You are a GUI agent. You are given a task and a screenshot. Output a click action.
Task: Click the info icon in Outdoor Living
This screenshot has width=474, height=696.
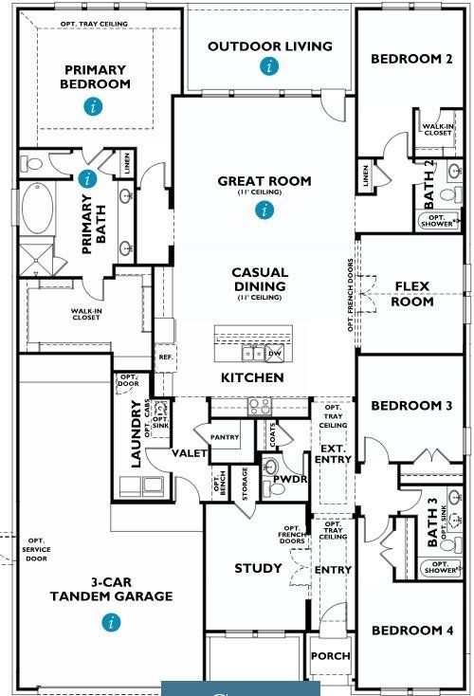coord(270,66)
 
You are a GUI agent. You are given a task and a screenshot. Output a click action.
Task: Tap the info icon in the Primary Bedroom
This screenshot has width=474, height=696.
coord(92,106)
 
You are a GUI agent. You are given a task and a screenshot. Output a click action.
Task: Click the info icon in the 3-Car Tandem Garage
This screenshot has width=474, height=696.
coord(112,622)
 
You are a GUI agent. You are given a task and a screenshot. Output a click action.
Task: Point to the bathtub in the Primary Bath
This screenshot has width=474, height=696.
coord(38,210)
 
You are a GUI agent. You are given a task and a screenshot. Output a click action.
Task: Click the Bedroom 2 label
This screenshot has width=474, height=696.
coord(411,59)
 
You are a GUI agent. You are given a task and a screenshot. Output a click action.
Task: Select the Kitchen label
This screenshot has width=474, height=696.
coord(252,377)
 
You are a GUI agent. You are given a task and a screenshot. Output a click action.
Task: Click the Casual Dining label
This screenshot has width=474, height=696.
coord(259,280)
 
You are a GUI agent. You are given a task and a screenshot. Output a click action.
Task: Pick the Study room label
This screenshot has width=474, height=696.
coord(258,568)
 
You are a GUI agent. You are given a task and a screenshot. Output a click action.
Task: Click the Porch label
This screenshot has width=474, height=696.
coord(331,656)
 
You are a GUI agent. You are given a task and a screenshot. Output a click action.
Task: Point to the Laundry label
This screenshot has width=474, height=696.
coord(136,433)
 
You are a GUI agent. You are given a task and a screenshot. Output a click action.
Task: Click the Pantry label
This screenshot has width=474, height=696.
coord(225,437)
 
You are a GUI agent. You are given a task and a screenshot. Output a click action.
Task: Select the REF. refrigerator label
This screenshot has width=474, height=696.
coord(165,357)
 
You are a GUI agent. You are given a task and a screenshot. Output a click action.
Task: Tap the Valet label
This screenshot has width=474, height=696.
coord(190,454)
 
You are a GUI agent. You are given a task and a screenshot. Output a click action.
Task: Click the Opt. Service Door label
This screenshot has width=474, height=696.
coord(37,550)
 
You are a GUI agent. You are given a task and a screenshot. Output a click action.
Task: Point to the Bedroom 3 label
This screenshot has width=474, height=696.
coord(411,406)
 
